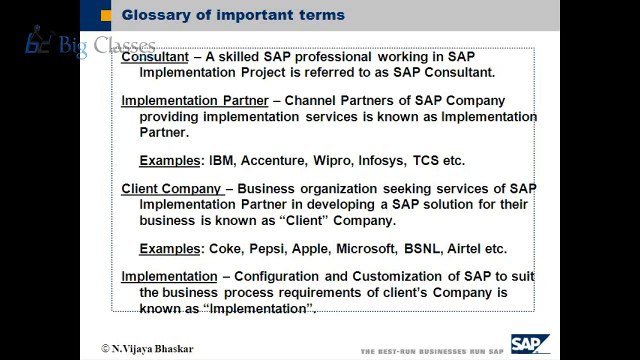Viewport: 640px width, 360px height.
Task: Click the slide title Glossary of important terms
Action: coord(232,15)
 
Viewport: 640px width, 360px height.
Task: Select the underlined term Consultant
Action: coord(155,57)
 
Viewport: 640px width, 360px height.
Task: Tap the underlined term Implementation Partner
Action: coord(195,101)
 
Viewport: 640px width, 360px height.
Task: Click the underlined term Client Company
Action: coord(171,189)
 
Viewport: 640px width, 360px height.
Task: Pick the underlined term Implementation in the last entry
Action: coord(169,277)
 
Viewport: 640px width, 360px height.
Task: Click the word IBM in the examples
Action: coord(222,161)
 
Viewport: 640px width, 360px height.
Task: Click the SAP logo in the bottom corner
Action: coord(530,344)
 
